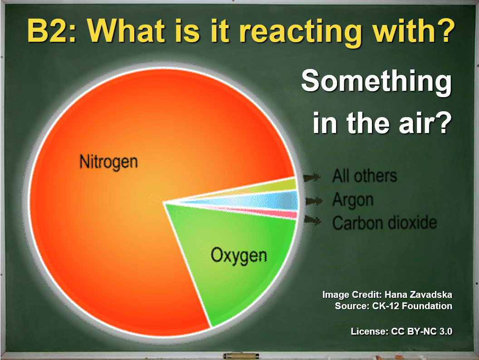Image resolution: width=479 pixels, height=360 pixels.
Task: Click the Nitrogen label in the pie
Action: tap(109, 162)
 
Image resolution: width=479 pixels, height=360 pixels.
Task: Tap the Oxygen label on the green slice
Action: tap(239, 256)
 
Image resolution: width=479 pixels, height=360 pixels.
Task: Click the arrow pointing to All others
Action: tap(312, 177)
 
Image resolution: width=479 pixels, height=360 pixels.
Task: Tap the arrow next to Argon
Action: tap(314, 201)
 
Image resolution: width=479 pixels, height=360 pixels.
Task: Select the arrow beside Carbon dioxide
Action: tap(313, 220)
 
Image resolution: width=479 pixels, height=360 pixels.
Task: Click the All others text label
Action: tap(364, 176)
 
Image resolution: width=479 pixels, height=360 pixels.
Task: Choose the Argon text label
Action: tap(353, 200)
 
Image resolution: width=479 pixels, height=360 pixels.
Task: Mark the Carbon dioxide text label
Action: tap(385, 222)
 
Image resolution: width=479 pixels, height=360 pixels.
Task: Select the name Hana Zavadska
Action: tap(418, 295)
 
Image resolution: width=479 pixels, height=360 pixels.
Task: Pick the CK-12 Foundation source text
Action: tap(412, 306)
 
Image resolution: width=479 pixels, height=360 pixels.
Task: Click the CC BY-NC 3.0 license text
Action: tap(421, 331)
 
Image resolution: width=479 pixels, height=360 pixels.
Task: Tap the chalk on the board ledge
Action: tap(241, 356)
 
